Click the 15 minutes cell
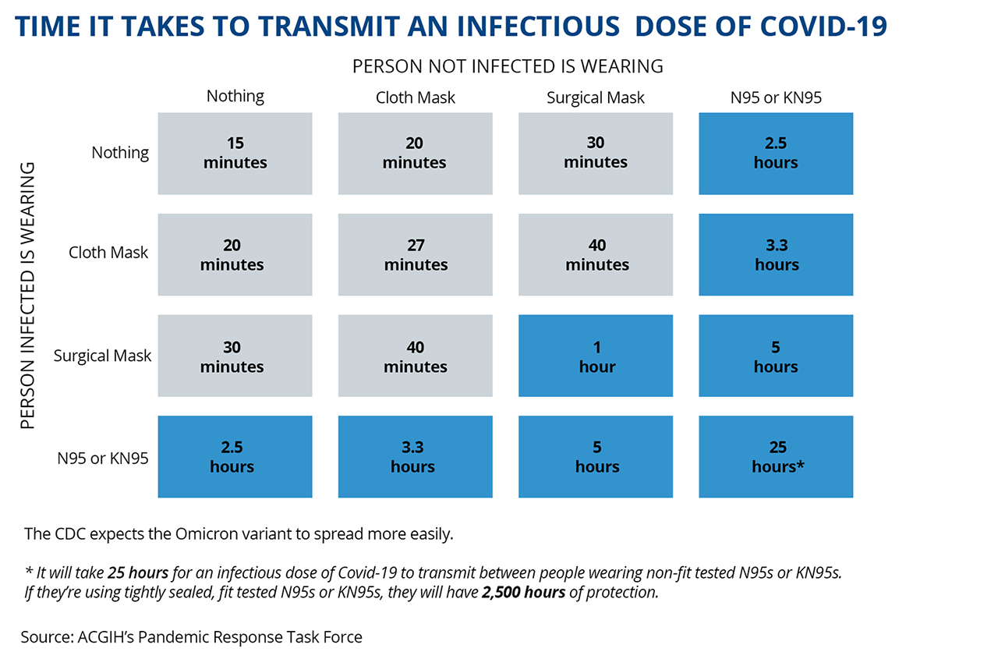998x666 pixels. [235, 154]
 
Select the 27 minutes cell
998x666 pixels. [416, 254]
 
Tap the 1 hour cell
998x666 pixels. [596, 356]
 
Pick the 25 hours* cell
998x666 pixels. [776, 456]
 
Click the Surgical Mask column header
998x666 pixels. [595, 97]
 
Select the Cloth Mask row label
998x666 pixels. [108, 253]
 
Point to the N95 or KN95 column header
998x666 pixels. [776, 97]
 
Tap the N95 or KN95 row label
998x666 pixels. [102, 459]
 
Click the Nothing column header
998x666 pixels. [235, 96]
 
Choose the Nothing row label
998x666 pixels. [120, 152]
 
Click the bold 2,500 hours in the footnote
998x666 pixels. [523, 593]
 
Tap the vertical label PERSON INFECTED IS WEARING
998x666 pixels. [27, 296]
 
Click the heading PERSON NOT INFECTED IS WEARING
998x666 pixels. [508, 66]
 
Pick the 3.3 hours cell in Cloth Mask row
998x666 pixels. [776, 254]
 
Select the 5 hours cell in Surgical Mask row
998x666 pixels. [776, 356]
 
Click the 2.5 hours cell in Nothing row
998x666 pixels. [776, 154]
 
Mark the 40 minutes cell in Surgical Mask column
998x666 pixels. [596, 254]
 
